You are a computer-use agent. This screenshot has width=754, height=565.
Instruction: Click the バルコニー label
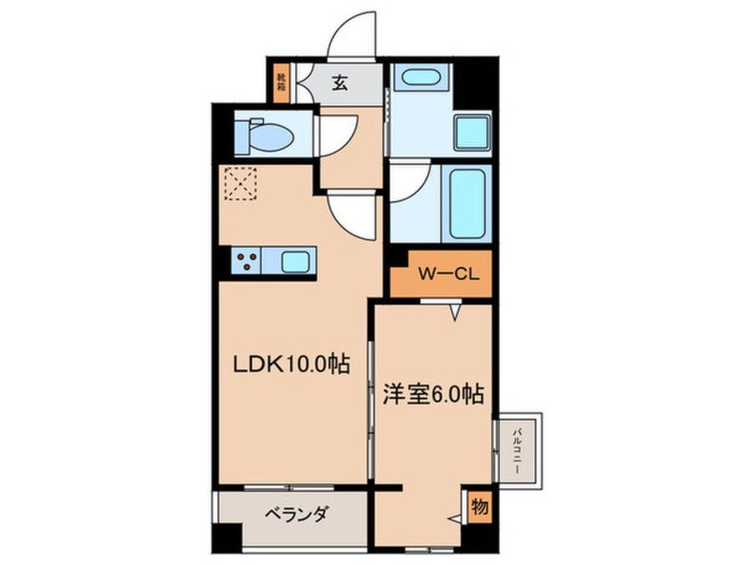517,447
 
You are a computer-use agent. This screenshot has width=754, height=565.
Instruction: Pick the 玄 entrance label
340,84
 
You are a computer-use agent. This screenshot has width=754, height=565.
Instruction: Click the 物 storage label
479,508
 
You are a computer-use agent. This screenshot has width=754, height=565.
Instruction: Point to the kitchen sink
295,261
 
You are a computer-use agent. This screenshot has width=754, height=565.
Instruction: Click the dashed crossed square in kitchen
240,184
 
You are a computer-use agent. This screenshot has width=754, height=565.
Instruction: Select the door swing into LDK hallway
353,215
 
